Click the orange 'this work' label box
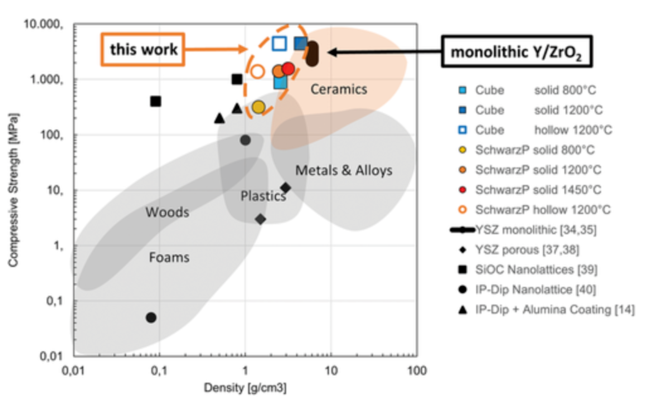(143, 49)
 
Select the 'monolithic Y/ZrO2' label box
(515, 52)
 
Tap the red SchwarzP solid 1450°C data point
(288, 68)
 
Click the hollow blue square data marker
(279, 43)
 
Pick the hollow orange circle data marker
(257, 71)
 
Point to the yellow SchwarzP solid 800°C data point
(258, 107)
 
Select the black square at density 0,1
(156, 102)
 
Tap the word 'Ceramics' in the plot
(339, 90)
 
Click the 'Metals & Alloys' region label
(344, 171)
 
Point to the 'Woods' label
(167, 212)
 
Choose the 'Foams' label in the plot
(169, 258)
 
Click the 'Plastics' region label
(263, 196)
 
